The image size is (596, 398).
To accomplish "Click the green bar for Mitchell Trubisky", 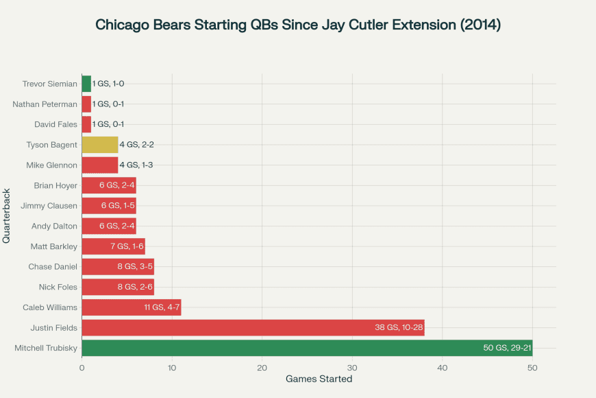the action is click(x=307, y=348).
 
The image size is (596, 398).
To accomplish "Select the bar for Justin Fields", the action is click(x=253, y=327).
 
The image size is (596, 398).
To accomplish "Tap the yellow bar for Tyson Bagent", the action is click(x=100, y=145).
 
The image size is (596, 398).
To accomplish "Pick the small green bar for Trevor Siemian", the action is click(x=87, y=84).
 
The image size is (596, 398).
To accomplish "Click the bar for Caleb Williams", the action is click(x=132, y=307).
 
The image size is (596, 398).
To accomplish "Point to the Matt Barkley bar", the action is click(x=114, y=246).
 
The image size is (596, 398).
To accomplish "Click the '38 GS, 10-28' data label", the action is click(x=399, y=327).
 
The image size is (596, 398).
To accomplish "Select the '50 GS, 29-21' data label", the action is click(x=507, y=348).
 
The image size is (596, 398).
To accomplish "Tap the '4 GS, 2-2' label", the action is click(x=136, y=145).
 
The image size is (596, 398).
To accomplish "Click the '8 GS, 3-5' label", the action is click(x=135, y=267).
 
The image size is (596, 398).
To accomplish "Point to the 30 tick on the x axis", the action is click(x=352, y=368).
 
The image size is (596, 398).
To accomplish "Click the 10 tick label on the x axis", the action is click(x=172, y=368).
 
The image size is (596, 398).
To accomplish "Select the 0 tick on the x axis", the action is click(x=82, y=368).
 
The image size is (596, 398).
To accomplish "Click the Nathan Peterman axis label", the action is click(x=45, y=104).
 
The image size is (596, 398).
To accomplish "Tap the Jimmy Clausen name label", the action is click(x=49, y=206).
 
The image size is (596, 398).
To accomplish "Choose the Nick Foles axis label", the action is click(x=58, y=287).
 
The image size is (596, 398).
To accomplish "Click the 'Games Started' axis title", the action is click(x=319, y=379).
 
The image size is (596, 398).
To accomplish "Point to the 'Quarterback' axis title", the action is click(x=6, y=216).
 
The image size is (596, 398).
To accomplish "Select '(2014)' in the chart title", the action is click(x=480, y=25).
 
